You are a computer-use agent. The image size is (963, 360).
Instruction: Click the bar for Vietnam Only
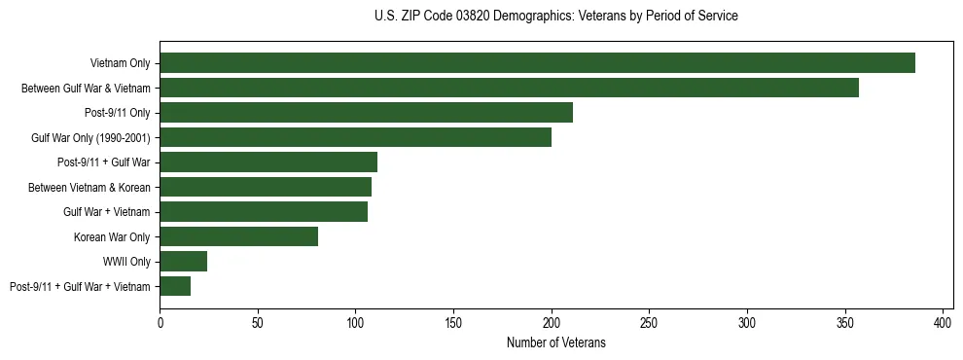click(537, 63)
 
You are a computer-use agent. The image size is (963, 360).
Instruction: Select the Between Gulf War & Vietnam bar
click(509, 88)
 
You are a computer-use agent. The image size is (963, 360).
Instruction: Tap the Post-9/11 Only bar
click(366, 113)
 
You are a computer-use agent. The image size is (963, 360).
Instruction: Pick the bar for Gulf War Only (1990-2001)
click(355, 137)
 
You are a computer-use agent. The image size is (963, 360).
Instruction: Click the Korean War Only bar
click(238, 236)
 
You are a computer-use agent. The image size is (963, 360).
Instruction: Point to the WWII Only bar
click(183, 261)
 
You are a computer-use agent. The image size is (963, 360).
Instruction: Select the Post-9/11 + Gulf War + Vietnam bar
click(175, 286)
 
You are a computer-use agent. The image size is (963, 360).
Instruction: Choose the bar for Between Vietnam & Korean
click(266, 187)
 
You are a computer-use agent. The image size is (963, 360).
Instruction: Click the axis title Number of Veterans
click(555, 342)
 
